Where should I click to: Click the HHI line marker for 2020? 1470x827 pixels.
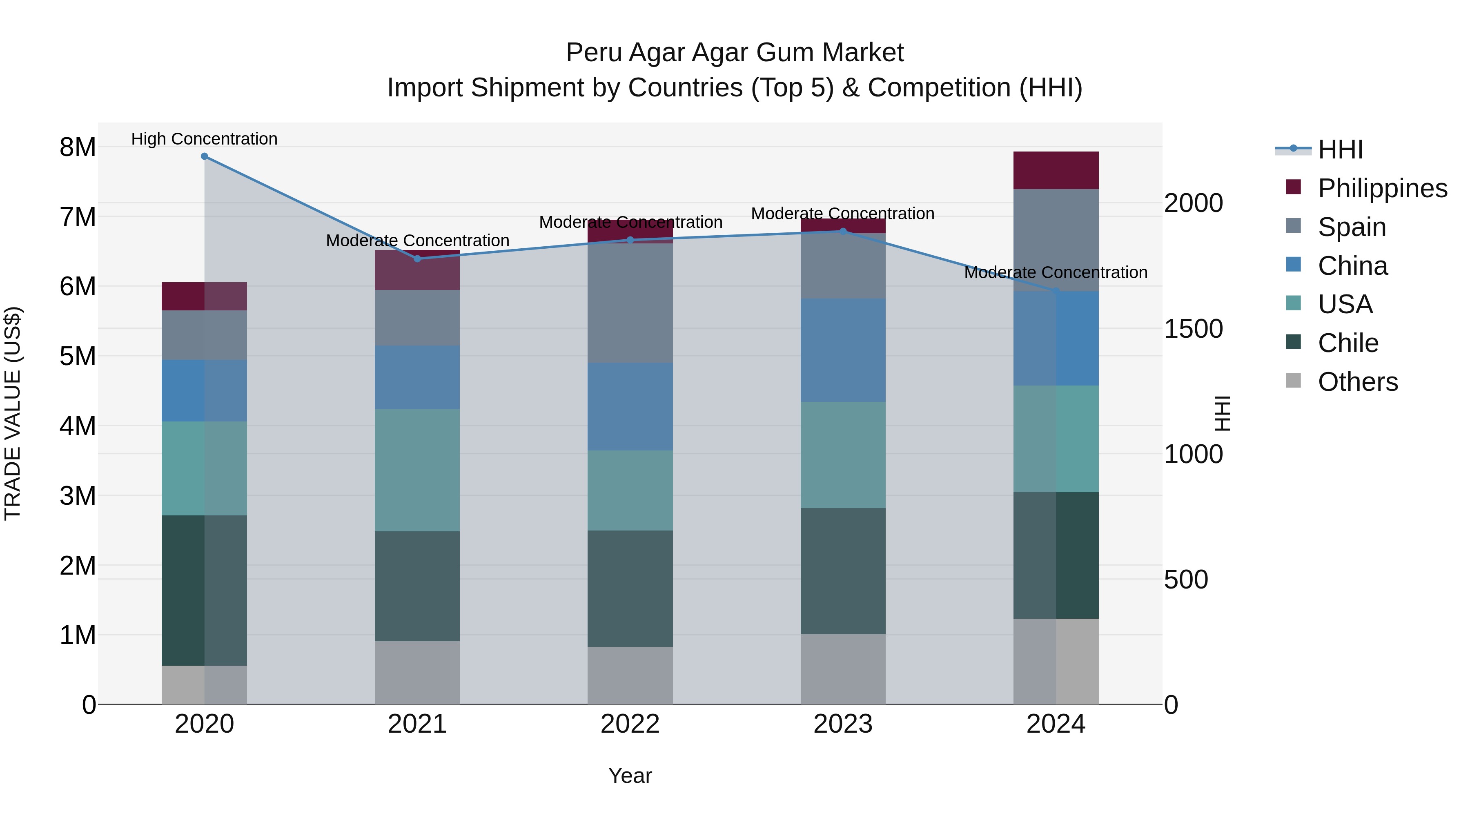(x=204, y=156)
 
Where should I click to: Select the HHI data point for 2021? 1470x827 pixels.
(x=417, y=259)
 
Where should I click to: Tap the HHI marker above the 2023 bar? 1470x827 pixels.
(x=843, y=231)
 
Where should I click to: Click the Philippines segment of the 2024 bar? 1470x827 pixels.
(x=1056, y=170)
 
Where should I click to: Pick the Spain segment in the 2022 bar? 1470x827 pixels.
(x=630, y=303)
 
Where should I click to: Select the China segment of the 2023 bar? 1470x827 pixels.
(x=843, y=350)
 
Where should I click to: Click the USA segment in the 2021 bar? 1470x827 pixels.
(x=417, y=470)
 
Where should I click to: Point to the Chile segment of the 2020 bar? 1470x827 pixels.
(x=204, y=590)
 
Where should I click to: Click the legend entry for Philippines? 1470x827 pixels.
(x=1381, y=188)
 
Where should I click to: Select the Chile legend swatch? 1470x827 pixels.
(x=1294, y=343)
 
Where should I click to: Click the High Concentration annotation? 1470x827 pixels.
(x=204, y=139)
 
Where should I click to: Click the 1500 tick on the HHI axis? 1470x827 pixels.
(x=1193, y=329)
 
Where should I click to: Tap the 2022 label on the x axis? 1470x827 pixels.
(x=630, y=724)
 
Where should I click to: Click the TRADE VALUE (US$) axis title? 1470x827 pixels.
(x=13, y=413)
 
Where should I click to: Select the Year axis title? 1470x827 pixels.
(x=630, y=776)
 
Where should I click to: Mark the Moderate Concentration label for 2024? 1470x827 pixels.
(x=1056, y=272)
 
